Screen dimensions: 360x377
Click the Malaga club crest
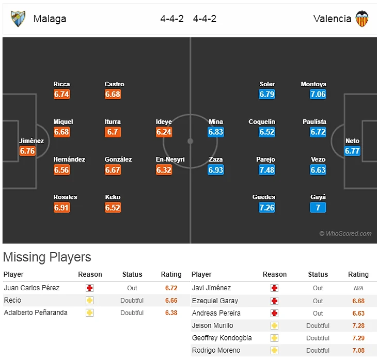pos(18,19)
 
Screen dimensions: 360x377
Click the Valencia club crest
pos(362,19)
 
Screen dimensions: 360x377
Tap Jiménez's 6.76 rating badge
pos(27,151)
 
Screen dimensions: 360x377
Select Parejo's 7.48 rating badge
pos(267,170)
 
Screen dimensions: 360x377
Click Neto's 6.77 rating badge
pos(352,151)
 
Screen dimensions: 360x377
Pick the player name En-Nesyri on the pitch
pos(170,160)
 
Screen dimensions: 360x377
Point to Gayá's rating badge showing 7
pos(318,208)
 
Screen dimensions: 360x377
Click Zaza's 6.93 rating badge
pos(216,170)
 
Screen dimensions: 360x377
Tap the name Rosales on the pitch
pos(65,197)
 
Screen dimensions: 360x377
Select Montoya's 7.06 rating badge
pos(318,95)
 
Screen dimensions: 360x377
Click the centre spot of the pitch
pos(190,140)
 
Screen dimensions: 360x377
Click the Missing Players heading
pos(47,257)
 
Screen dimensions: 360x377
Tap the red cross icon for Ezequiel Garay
pos(274,301)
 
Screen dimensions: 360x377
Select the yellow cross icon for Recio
pos(90,300)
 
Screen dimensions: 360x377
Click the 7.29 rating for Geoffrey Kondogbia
pos(358,338)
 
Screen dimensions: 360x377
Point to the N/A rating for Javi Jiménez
pos(358,288)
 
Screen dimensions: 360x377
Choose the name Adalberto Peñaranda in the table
pos(36,312)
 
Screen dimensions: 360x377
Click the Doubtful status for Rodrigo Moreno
pos(318,350)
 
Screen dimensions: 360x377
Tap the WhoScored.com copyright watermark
pos(345,233)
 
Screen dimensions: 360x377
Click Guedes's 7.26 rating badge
pos(267,208)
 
